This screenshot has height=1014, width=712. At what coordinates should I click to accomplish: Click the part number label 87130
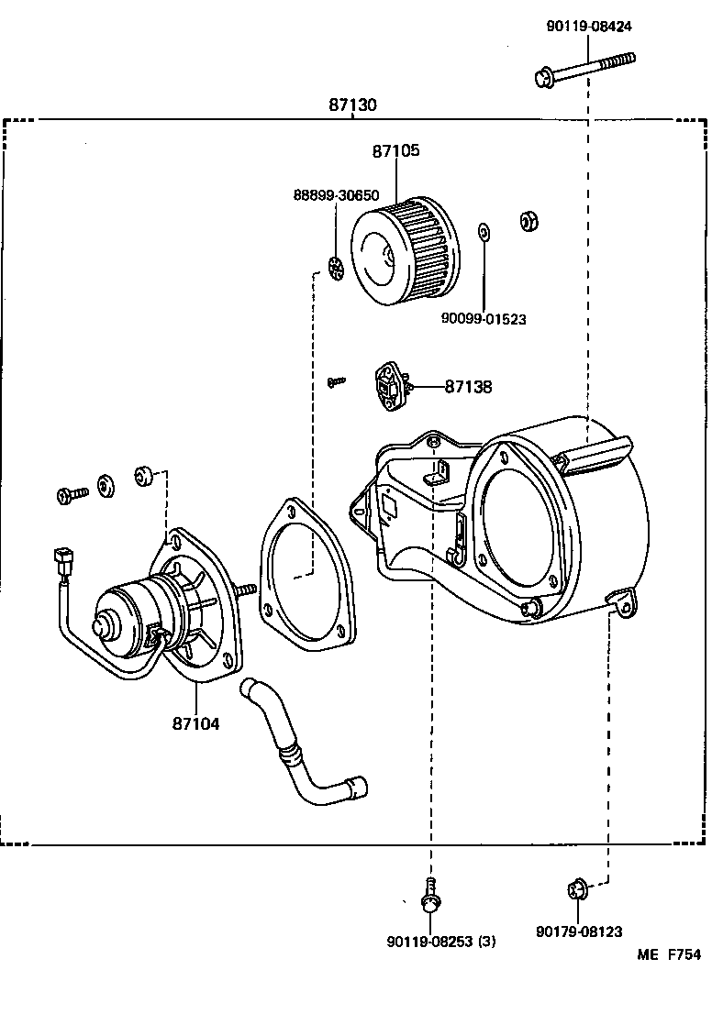coord(352,105)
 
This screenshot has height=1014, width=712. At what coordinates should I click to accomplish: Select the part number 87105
coord(396,151)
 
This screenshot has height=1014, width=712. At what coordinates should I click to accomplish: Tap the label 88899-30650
coord(336,195)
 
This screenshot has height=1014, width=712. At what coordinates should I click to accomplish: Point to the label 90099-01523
coord(484,318)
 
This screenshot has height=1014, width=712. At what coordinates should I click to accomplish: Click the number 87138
coord(468,387)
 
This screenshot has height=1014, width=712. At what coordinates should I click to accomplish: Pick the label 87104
coord(195,723)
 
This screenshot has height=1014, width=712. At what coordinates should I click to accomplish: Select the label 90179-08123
coord(579,931)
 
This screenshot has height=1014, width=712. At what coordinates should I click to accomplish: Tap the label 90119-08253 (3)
coord(441,942)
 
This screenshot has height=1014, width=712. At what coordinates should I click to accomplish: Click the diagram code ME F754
coord(670,954)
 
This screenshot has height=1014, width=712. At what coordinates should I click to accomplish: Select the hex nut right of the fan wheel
coord(528,221)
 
